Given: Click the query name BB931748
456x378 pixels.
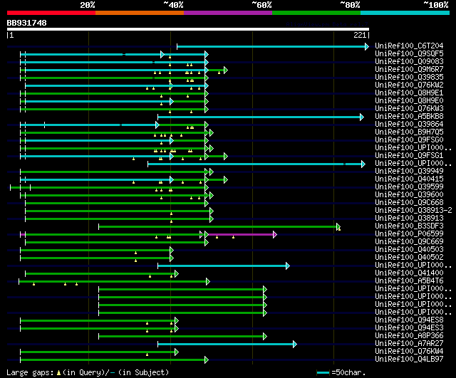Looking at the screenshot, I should [x=27, y=23].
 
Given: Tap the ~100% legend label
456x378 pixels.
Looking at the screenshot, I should [x=435, y=4].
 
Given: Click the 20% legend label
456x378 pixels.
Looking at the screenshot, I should [x=88, y=4].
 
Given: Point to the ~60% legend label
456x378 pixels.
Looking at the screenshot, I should [x=261, y=4].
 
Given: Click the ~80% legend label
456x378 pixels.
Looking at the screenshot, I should [x=350, y=4].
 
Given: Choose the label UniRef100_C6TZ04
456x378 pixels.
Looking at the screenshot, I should [x=409, y=46].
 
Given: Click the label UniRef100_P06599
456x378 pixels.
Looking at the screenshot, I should [x=409, y=233].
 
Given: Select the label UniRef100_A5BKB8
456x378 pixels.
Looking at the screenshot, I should [x=409, y=116].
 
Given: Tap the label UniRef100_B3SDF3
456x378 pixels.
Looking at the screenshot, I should [x=409, y=226].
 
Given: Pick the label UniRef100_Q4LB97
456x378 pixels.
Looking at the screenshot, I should [x=409, y=359].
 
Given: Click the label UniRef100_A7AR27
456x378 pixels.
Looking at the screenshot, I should [x=409, y=343].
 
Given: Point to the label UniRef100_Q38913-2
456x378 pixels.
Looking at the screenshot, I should [x=413, y=210].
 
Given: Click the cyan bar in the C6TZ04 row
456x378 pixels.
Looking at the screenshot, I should [x=271, y=46].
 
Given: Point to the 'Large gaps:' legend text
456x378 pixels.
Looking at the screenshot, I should [x=28, y=372].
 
